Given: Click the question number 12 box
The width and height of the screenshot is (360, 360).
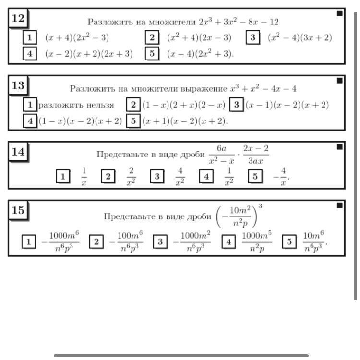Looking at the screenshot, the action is click(x=18, y=18).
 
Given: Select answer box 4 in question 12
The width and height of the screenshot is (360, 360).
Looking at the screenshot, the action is click(x=30, y=53).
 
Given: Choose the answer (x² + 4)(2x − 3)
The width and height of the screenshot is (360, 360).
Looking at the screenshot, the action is click(x=199, y=37).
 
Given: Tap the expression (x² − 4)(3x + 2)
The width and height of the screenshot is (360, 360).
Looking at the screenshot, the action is click(x=300, y=37).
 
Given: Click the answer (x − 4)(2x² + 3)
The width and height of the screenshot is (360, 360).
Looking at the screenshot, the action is click(x=200, y=53).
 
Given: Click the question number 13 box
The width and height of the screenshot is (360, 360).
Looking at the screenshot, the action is click(x=18, y=85).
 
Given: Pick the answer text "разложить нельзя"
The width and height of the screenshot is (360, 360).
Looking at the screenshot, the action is click(x=76, y=105).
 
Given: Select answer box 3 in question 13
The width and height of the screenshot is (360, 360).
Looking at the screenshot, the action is click(x=237, y=105).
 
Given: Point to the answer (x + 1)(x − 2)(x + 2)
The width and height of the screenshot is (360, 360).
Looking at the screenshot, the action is click(x=185, y=121).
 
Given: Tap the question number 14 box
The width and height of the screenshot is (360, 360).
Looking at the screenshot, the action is click(x=18, y=152).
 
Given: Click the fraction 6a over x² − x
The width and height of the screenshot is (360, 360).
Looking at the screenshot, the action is click(x=222, y=155).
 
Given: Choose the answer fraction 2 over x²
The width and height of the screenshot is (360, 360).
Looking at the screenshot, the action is click(x=131, y=177).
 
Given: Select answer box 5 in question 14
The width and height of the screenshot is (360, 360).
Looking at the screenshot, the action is click(x=255, y=176).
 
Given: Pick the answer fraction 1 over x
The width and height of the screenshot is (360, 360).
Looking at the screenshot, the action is click(x=84, y=177).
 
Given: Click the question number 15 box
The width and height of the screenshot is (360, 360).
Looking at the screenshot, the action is click(x=18, y=210).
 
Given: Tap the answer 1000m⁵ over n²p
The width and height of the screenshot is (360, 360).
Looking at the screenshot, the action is click(x=257, y=242).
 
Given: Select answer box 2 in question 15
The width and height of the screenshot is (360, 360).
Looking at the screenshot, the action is click(x=96, y=241).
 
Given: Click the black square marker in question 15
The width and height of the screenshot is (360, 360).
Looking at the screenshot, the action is click(x=339, y=205).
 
